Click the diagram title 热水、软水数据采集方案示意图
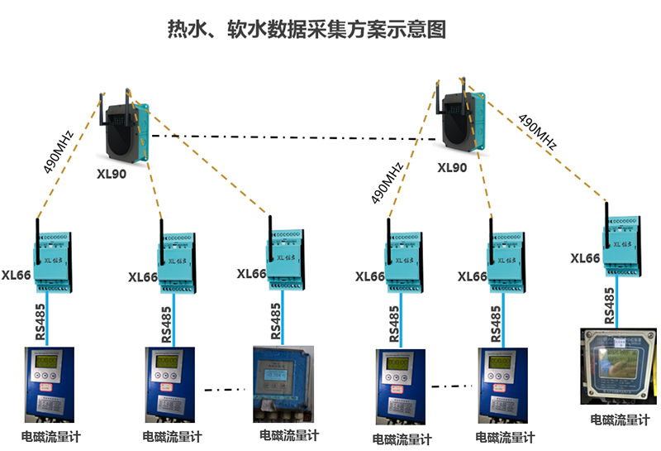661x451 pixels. click(x=307, y=30)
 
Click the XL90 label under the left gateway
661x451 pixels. click(x=111, y=175)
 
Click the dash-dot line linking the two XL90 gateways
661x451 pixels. click(x=289, y=137)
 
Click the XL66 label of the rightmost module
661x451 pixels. click(x=585, y=259)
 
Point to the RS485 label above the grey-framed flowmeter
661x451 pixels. click(x=609, y=305)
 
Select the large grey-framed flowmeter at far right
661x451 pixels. click(x=618, y=368)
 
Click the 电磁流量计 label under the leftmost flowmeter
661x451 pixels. click(x=50, y=436)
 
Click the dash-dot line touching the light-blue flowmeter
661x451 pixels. click(x=227, y=389)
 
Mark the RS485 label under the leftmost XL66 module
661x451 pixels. click(x=40, y=322)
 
